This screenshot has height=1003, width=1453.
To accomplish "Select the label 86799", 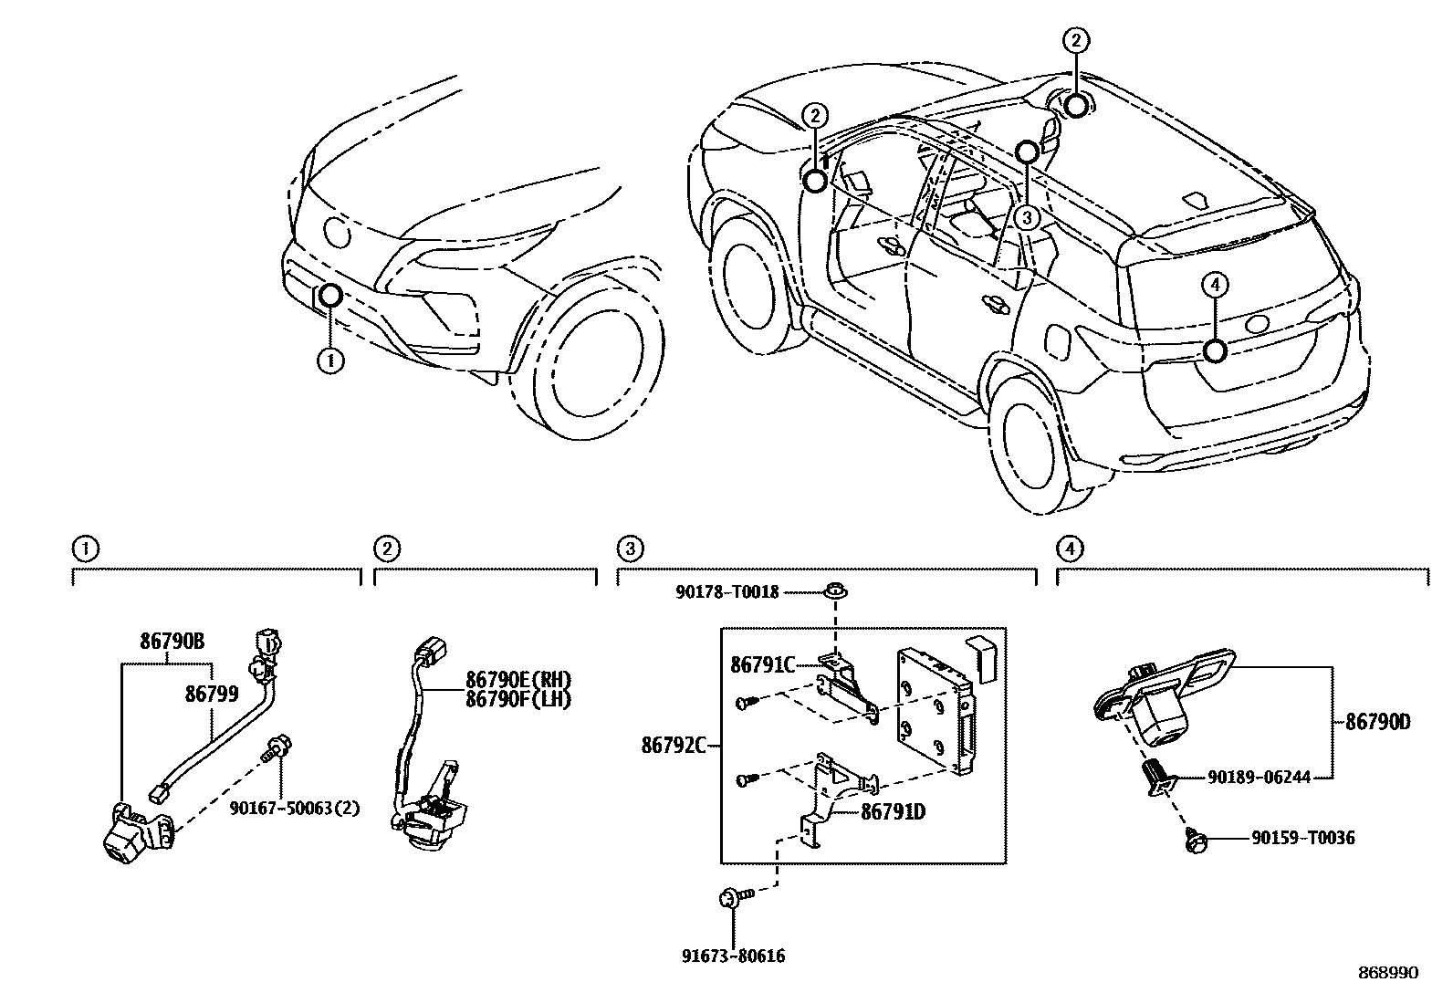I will (212, 694).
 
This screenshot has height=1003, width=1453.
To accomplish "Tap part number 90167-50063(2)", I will (294, 808).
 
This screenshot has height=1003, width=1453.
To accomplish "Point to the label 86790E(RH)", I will (517, 680).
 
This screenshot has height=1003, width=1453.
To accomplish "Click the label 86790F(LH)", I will (517, 700).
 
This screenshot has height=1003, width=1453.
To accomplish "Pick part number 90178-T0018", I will (727, 592).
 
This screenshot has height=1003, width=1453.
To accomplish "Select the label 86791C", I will (762, 665).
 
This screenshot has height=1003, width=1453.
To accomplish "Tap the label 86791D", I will (893, 810).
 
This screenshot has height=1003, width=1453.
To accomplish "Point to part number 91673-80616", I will (733, 956).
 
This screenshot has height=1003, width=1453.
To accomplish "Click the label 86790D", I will (1377, 723).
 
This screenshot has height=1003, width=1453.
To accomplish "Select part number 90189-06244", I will (1259, 778).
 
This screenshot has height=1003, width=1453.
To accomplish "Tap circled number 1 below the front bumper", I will (330, 361).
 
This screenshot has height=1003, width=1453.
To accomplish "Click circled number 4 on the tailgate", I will (1214, 286).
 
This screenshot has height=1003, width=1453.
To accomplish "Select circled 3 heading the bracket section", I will (629, 549).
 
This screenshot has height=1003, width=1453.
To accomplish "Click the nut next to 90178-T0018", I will (834, 593).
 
